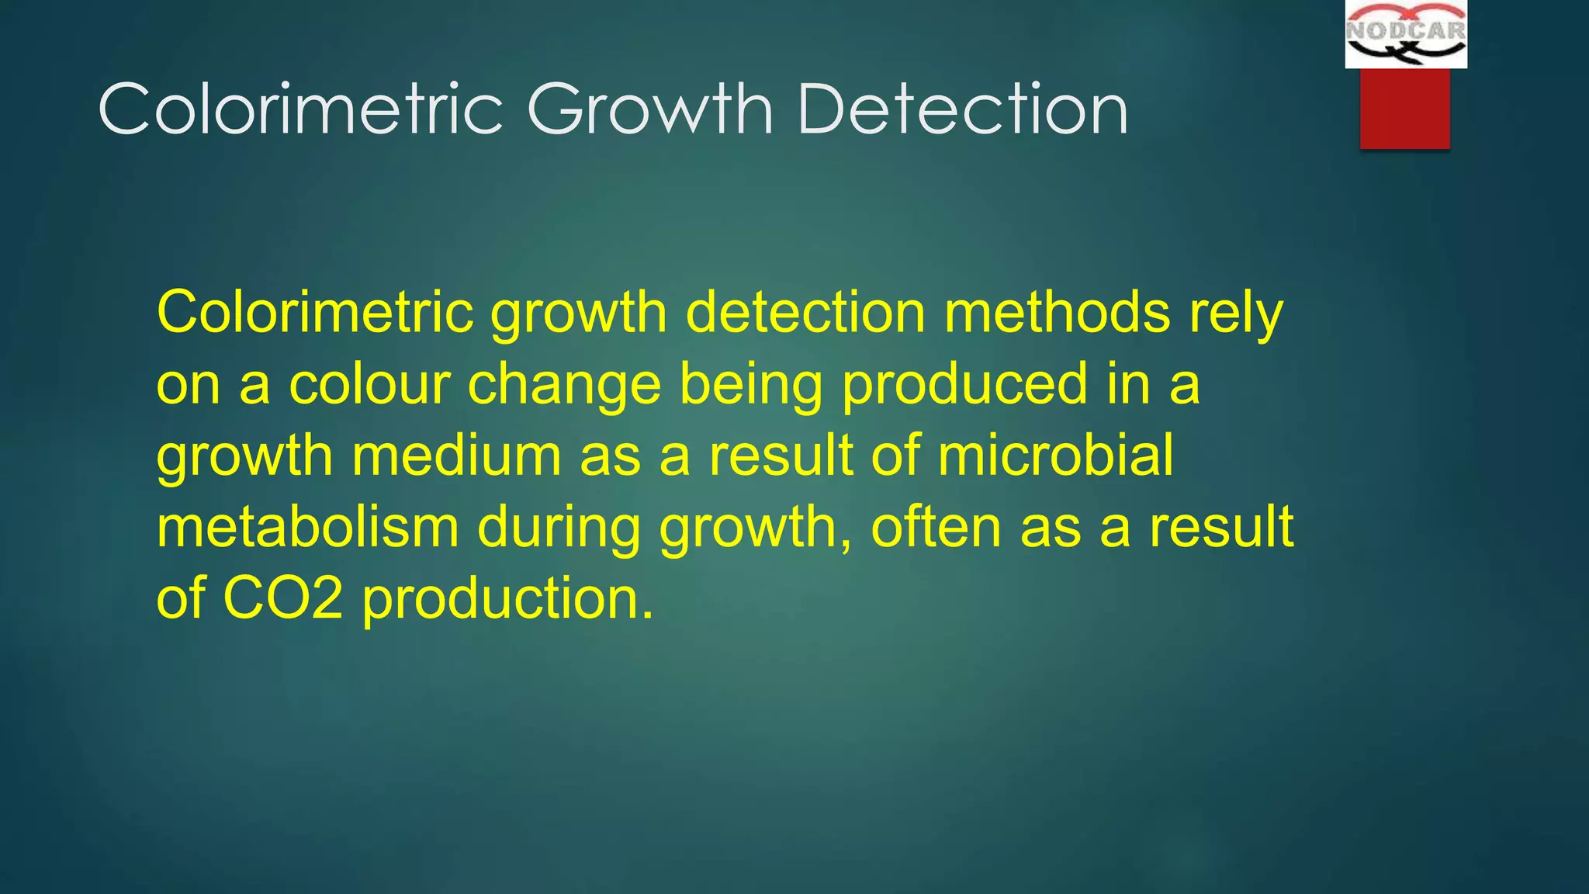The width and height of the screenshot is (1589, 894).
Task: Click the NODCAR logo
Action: tap(1405, 34)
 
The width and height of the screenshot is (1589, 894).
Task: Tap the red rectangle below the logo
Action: tap(1404, 108)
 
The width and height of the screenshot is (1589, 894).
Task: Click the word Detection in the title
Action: tap(962, 109)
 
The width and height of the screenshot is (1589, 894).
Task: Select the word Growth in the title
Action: tap(650, 109)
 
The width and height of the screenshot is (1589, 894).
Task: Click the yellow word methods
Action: tap(1056, 312)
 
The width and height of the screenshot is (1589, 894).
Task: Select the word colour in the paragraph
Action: tap(369, 384)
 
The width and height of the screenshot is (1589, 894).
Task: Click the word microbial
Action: tap(1055, 456)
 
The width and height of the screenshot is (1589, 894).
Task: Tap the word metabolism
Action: tap(307, 528)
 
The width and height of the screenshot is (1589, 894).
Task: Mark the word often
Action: tap(936, 528)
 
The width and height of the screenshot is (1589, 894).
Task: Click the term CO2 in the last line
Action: tap(282, 599)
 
